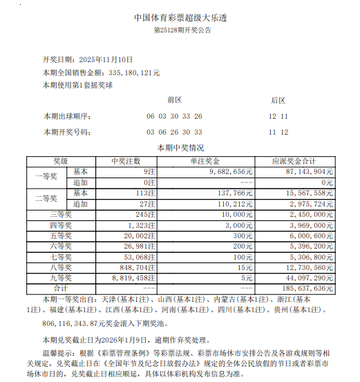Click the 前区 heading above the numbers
[x=173, y=100]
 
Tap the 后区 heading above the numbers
[x=278, y=100]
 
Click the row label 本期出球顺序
[x=66, y=115]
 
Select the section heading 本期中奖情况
[x=180, y=147]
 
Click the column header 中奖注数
[x=126, y=160]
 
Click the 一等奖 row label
[x=46, y=176]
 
